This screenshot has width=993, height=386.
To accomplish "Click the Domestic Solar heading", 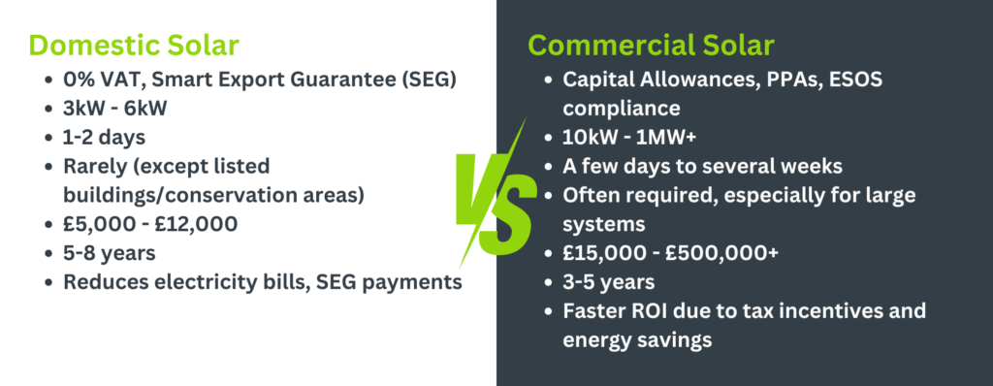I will click(x=134, y=46).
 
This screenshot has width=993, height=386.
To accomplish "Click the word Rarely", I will click(x=93, y=166).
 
